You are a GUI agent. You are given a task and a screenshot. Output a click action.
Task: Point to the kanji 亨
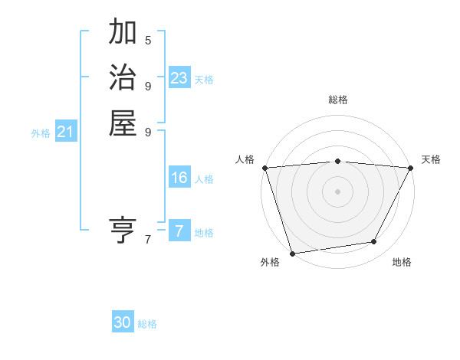(123, 229)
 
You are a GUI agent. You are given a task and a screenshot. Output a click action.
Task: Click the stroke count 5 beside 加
(148, 40)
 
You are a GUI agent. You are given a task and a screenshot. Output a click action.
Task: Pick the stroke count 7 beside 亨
(148, 240)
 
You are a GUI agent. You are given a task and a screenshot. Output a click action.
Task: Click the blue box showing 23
(179, 78)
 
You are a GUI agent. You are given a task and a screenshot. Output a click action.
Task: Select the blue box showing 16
(179, 178)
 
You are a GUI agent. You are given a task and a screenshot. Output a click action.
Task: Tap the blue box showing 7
(179, 231)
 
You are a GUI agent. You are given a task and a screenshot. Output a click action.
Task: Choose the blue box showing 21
(66, 133)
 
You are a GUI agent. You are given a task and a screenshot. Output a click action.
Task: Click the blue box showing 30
(123, 322)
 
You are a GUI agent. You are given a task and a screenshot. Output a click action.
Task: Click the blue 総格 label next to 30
(148, 324)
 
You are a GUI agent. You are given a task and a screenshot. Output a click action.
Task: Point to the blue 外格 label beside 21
(41, 133)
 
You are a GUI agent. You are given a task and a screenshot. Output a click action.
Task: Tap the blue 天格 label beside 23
(204, 80)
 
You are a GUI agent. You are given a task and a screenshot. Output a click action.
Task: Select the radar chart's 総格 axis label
(337, 100)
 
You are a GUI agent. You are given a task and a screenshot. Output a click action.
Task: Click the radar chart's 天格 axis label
(431, 159)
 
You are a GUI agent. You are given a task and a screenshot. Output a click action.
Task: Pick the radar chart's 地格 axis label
(402, 262)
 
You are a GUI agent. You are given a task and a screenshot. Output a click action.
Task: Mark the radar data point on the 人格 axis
(264, 168)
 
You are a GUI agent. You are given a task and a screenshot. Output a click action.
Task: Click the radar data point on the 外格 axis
(292, 253)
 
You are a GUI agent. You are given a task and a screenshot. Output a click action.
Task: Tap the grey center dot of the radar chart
(337, 191)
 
